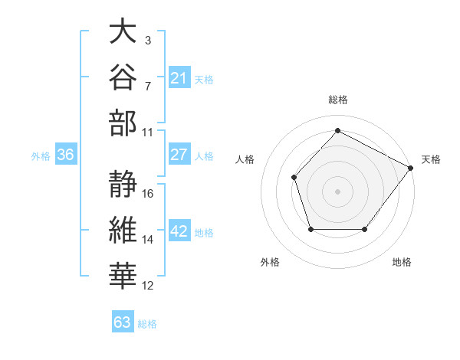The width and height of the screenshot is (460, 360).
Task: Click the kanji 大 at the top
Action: click(x=123, y=31)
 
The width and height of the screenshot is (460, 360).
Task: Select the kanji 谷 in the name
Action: click(x=123, y=77)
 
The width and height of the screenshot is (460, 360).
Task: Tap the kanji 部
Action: click(x=123, y=123)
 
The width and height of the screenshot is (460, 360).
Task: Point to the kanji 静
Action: click(x=123, y=184)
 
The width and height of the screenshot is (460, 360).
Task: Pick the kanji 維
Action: click(x=123, y=230)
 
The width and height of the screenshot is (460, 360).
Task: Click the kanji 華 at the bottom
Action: click(x=123, y=276)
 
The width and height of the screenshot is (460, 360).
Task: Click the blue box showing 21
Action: click(x=179, y=77)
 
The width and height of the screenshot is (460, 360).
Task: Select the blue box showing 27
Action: click(x=179, y=154)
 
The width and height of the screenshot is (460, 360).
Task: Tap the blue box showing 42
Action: click(x=179, y=230)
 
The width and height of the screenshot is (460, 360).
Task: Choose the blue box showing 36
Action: click(x=66, y=154)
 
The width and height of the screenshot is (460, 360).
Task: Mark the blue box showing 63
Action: click(x=123, y=321)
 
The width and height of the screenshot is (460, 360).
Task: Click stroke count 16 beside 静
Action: click(x=147, y=194)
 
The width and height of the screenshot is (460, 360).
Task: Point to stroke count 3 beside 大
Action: click(x=148, y=40)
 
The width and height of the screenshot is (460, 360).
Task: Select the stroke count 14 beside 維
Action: click(x=147, y=240)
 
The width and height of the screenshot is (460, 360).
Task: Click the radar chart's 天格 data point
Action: click(x=411, y=168)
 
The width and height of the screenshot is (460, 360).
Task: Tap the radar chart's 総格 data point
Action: click(x=337, y=130)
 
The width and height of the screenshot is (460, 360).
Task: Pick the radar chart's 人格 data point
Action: click(x=294, y=178)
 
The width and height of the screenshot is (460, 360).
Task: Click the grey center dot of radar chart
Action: click(x=337, y=191)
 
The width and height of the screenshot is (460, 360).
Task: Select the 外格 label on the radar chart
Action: click(x=270, y=262)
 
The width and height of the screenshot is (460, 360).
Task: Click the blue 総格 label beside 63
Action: click(x=147, y=324)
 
